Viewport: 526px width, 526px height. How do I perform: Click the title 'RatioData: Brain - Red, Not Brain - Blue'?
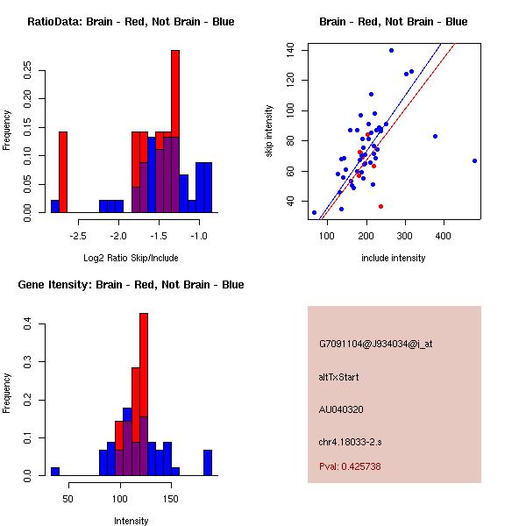pos(131,22)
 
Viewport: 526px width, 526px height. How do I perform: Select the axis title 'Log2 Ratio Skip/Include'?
pos(131,258)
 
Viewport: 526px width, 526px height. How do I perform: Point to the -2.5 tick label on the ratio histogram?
pos(78,236)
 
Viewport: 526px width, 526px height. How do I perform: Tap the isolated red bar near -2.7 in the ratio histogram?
pos(62,171)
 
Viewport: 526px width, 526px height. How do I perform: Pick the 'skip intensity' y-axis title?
pos(269,131)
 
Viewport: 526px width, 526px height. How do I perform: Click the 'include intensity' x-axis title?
pos(393,258)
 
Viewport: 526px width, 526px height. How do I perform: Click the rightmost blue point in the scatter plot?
pos(474,160)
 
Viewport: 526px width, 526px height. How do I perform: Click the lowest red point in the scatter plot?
pos(380,206)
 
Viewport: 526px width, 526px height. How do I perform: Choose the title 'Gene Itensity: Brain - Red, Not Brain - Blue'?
pos(131,285)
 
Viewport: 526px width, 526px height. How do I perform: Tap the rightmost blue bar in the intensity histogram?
pos(208,462)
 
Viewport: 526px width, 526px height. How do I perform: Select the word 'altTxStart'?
pos(339,377)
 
